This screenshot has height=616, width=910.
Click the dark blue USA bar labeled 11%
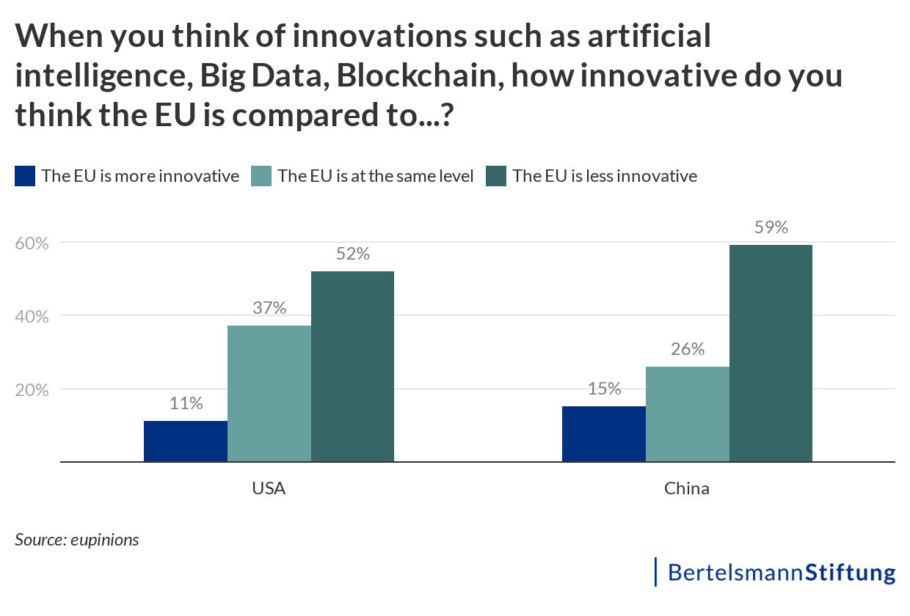click(186, 441)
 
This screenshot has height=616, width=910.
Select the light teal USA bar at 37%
click(269, 394)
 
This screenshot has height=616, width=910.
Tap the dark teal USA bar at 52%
click(353, 367)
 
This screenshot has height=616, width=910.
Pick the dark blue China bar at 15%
click(604, 434)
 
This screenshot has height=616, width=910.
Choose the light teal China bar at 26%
click(688, 414)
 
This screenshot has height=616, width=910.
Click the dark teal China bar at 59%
click(771, 353)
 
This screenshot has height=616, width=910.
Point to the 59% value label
click(771, 227)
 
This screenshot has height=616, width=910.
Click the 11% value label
click(186, 403)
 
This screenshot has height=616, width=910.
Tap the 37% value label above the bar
click(269, 308)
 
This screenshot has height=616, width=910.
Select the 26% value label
click(688, 349)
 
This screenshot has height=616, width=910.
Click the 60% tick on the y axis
click(32, 243)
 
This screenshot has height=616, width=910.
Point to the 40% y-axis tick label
click(32, 316)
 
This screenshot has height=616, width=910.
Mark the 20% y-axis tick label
click(32, 389)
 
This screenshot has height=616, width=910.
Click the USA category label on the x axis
click(269, 488)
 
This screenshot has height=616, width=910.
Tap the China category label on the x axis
click(687, 488)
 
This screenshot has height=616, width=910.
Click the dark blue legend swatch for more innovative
click(25, 176)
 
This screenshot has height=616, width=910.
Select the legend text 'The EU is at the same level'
click(375, 176)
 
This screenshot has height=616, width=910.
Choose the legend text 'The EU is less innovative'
click(604, 176)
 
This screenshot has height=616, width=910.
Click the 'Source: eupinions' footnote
click(76, 540)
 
